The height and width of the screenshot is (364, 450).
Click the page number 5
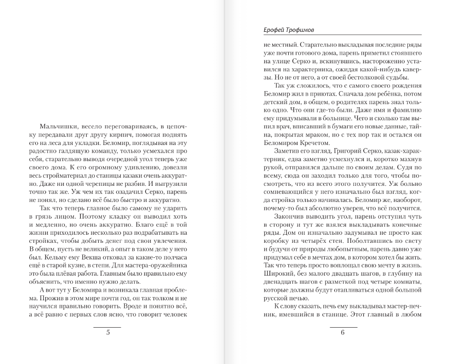tap(107, 333)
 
